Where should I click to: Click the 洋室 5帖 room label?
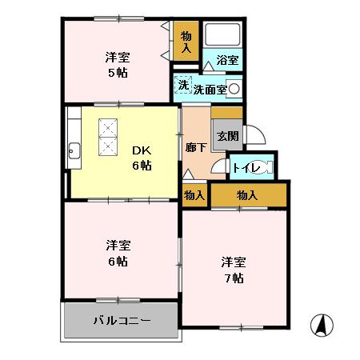(x=118, y=64)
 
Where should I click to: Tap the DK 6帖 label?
(x=142, y=157)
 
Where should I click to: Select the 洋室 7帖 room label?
(x=234, y=270)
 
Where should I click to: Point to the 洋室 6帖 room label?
(x=118, y=252)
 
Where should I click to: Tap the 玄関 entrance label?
(x=226, y=137)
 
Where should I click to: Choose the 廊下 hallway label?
(x=196, y=147)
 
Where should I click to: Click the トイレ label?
(x=245, y=168)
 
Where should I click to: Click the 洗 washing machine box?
(x=183, y=86)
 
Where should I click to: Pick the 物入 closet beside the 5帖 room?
(x=186, y=41)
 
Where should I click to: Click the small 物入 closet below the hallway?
(x=194, y=194)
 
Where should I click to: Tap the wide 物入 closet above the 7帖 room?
(x=247, y=194)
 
